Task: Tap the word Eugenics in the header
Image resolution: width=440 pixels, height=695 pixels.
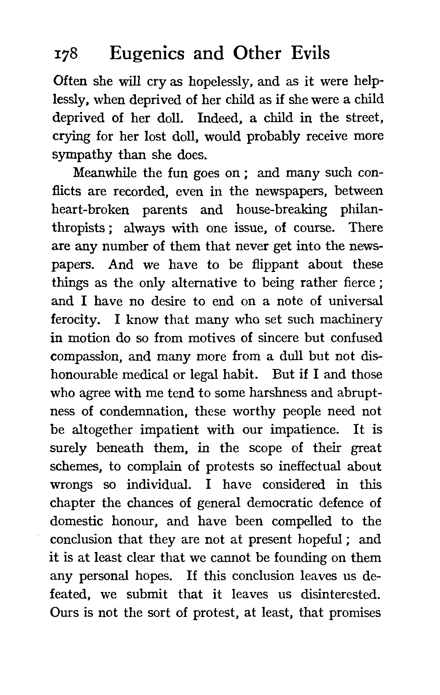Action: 147,54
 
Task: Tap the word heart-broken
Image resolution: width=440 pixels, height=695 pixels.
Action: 90,210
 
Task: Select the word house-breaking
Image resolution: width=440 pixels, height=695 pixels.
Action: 281,210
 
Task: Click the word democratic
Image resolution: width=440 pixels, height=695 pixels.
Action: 279,503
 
